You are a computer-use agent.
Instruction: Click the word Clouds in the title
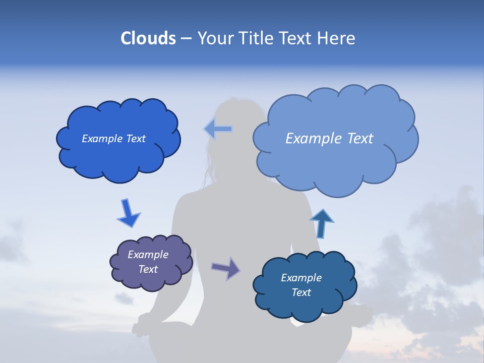[x=148, y=38]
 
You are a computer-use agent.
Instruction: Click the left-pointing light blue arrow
[x=218, y=129]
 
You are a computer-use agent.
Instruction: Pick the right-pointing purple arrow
[x=225, y=268]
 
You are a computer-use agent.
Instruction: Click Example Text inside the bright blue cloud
[x=113, y=139]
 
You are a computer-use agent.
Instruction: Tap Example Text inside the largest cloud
[x=329, y=139]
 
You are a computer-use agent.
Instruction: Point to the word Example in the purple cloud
[x=148, y=255]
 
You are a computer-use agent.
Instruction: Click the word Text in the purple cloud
[x=148, y=269]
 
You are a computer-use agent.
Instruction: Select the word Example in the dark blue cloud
[x=301, y=278]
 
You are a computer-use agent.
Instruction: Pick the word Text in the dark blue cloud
[x=301, y=292]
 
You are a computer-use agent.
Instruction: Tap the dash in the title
[x=186, y=38]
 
